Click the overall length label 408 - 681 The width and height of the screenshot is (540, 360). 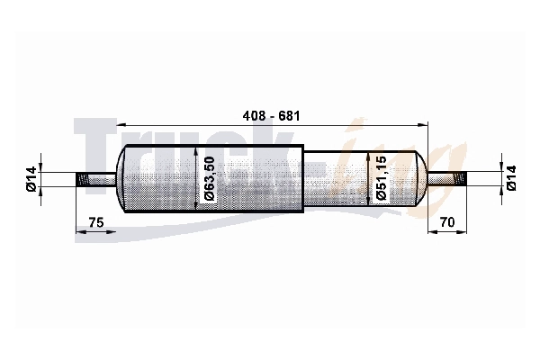coord(272,116)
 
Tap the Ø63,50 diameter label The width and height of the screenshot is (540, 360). coord(210,178)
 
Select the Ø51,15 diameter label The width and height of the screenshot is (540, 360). coord(382,178)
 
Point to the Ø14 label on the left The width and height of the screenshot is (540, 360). coord(31,179)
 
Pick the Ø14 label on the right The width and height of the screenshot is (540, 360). coord(511,178)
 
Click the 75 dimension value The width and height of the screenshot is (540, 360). coord(96,222)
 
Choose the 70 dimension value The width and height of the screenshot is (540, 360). coord(447,222)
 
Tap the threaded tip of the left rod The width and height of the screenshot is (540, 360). coord(82,180)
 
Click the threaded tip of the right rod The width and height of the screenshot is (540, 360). coord(461,179)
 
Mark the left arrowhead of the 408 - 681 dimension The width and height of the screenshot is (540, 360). coord(121,125)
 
